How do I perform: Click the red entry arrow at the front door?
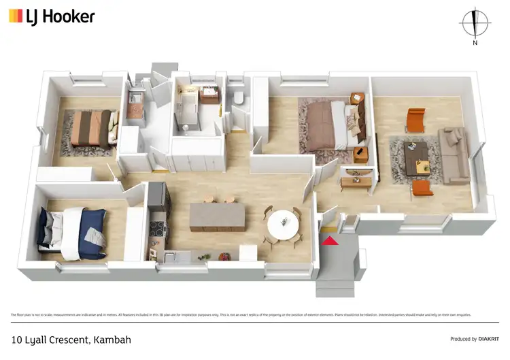[330, 240]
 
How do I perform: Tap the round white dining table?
[282, 223]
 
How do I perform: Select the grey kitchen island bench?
[217, 215]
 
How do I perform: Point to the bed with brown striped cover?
[90, 128]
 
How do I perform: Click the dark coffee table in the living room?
[416, 157]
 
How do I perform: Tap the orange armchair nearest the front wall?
[422, 187]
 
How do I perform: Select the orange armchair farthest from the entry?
[415, 120]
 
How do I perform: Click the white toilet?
[238, 99]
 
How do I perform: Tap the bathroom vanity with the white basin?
[209, 95]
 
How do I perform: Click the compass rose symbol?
[475, 22]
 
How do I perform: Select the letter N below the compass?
[475, 43]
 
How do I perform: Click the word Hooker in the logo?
[69, 16]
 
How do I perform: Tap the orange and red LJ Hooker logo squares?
[15, 16]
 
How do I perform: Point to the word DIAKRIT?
[486, 339]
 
